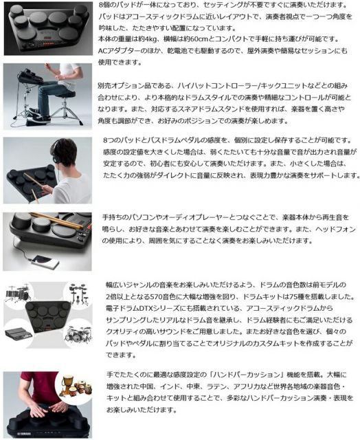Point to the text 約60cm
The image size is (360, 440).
point(192,39)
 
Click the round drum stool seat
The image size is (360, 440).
point(65,94)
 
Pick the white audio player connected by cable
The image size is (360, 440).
point(45,261)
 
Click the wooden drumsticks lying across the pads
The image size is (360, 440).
point(57,219)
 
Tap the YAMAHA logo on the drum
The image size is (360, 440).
point(25,434)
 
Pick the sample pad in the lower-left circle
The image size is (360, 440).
point(19,333)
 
